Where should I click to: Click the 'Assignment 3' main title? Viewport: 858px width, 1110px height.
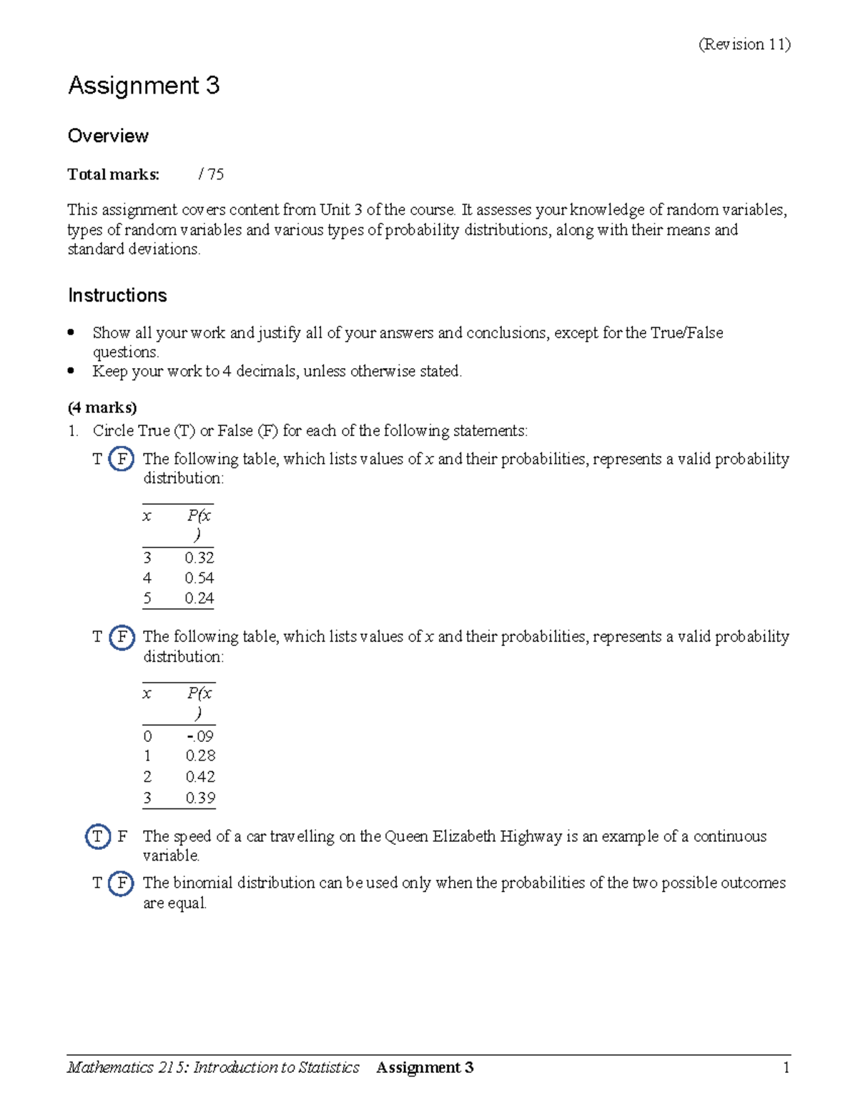click(x=144, y=86)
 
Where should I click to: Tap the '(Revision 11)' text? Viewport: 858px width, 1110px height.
click(x=744, y=44)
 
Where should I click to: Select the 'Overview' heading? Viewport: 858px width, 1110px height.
click(x=108, y=136)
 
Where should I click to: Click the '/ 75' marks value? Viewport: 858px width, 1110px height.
click(x=212, y=174)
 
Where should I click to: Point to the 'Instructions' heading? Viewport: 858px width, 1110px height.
click(x=117, y=295)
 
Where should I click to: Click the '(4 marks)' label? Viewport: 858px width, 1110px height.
click(x=102, y=407)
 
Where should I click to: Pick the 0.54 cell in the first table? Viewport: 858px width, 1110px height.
click(x=199, y=578)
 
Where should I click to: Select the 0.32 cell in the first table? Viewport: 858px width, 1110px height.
click(x=199, y=558)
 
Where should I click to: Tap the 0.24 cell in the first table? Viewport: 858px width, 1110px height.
click(x=199, y=598)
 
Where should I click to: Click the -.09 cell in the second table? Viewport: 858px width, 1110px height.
click(x=199, y=736)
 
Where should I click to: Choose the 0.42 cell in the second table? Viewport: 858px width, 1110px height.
click(x=200, y=777)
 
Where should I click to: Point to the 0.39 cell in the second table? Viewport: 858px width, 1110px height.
click(x=200, y=798)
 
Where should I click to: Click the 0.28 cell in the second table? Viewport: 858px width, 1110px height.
click(x=200, y=756)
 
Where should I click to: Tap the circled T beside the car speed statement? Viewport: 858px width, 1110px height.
click(x=98, y=836)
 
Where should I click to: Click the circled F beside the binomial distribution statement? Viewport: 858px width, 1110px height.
click(x=122, y=883)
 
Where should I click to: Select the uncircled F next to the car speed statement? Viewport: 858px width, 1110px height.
click(x=122, y=836)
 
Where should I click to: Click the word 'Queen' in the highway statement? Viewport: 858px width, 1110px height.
click(x=404, y=836)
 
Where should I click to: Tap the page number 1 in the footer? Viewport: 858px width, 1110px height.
click(x=786, y=1068)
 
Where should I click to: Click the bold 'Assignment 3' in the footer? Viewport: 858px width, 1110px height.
click(x=425, y=1068)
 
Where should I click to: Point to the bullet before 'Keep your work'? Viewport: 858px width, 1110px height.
click(x=71, y=371)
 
